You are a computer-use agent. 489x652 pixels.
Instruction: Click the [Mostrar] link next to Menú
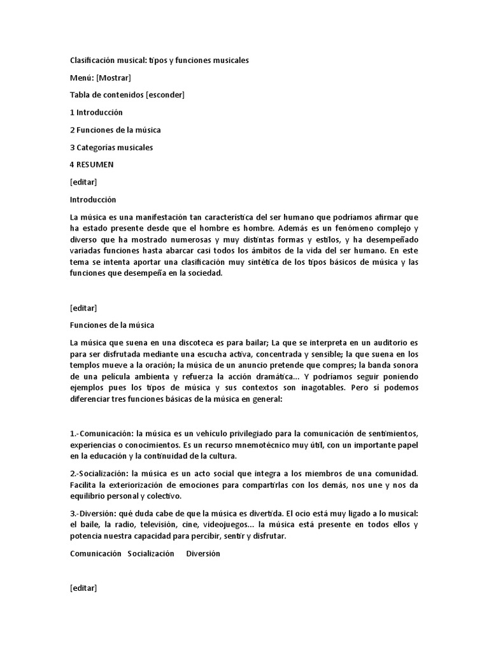pyautogui.click(x=114, y=78)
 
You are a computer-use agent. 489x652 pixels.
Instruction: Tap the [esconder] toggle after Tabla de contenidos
pyautogui.click(x=165, y=95)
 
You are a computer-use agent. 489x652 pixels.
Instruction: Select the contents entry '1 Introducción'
pyautogui.click(x=96, y=113)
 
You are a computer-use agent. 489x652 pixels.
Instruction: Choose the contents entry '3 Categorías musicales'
pyautogui.click(x=111, y=148)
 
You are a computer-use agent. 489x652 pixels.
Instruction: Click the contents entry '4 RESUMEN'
pyautogui.click(x=92, y=165)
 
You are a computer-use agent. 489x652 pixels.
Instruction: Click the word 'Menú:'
pyautogui.click(x=81, y=78)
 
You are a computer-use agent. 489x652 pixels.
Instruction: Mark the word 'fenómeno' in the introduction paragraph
pyautogui.click(x=320, y=228)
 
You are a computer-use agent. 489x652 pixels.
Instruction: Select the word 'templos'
pyautogui.click(x=86, y=365)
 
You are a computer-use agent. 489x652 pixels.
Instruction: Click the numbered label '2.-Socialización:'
pyautogui.click(x=102, y=474)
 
